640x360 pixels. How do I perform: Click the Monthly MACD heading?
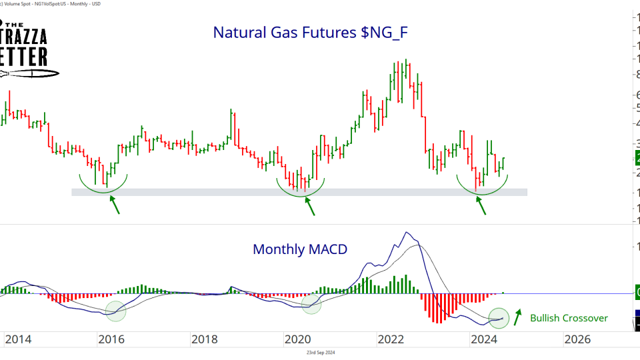pos(300,249)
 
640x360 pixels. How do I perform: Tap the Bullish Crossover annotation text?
pos(569,318)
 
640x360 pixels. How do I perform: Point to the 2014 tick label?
pos(18,339)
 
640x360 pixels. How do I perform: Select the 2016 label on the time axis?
pos(111,339)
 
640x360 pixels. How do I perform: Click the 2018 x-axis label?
pos(204,339)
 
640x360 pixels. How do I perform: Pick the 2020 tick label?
pos(298,339)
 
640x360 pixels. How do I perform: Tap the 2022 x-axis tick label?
pos(391,339)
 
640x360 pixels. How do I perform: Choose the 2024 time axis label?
pos(485,339)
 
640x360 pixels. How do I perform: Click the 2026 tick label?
pos(577,339)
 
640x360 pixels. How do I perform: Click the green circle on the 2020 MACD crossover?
pos(311,305)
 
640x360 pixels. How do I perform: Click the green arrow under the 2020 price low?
pos(310,206)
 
